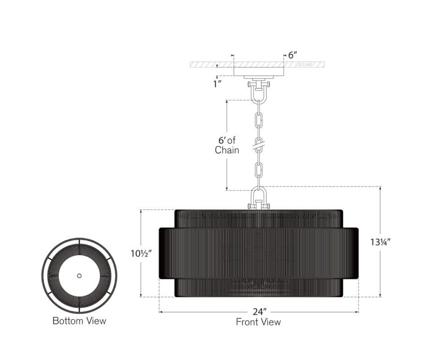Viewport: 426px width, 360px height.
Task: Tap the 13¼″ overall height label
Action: [x=380, y=242]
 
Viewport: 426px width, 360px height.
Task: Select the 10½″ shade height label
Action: [x=141, y=253]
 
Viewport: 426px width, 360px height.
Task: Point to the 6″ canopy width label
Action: [x=292, y=55]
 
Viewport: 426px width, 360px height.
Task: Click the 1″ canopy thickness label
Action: [x=217, y=84]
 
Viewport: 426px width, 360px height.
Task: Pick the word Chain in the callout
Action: [x=227, y=150]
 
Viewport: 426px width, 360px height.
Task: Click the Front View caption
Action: [x=258, y=322]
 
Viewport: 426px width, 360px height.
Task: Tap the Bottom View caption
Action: [x=79, y=321]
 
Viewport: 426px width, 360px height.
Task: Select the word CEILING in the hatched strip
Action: [x=304, y=64]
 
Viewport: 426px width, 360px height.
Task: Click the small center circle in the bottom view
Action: [x=79, y=276]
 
